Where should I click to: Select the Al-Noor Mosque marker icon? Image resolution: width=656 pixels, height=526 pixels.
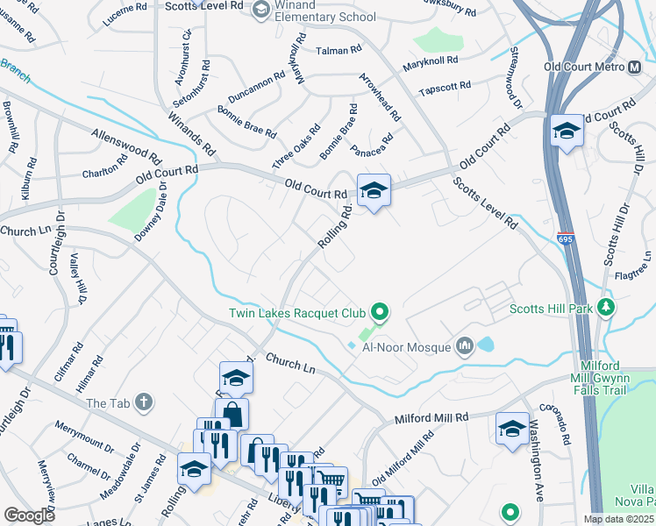click(x=464, y=348)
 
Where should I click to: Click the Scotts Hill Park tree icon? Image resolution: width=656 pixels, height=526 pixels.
click(x=605, y=308)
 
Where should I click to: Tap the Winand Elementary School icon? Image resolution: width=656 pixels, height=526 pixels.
click(x=260, y=9)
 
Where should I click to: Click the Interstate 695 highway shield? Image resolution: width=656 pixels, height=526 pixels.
click(x=566, y=238)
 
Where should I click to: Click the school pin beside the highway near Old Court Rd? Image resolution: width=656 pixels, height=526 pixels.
click(x=567, y=132)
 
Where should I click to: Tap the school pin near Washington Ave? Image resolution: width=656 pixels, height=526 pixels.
click(x=512, y=430)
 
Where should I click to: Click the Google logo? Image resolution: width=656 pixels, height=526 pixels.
click(x=29, y=515)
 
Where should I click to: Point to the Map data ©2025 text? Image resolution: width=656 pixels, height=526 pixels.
click(x=618, y=519)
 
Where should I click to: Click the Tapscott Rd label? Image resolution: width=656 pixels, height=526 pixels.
click(x=445, y=88)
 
